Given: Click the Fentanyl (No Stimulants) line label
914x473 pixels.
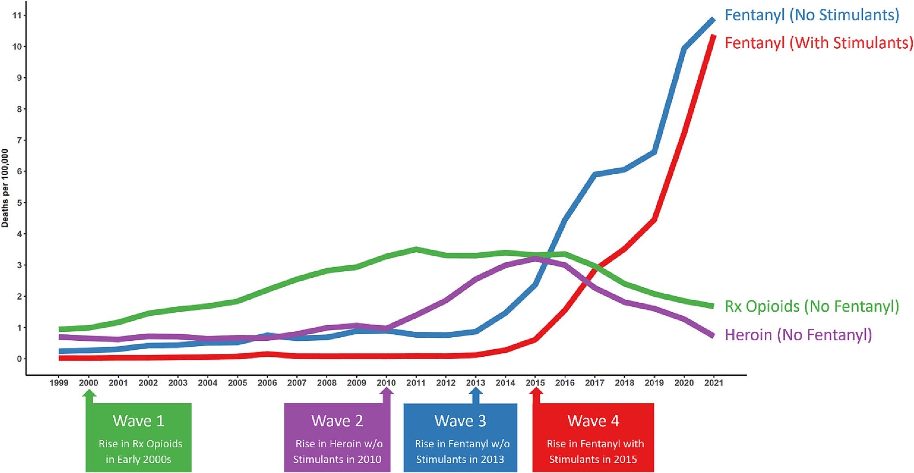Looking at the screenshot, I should (811, 15).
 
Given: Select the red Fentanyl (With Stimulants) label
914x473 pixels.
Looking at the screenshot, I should (818, 43).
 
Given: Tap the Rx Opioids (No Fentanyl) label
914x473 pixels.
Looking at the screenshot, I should (811, 306).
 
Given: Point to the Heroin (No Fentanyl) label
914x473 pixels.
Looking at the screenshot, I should (798, 335).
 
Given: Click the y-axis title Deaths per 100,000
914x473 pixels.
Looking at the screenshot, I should (5, 188).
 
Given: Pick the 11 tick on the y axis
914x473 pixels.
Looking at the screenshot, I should (17, 16).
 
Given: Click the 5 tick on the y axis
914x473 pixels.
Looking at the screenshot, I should (19, 203).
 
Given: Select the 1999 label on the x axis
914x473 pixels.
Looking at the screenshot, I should (59, 383).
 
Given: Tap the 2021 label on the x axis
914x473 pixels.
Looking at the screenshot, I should (713, 383).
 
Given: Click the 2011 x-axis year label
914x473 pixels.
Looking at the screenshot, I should (415, 383).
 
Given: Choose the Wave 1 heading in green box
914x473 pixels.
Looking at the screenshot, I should (138, 421).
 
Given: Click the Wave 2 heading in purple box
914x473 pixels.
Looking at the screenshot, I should (337, 421).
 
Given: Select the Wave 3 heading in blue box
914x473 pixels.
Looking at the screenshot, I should (460, 421).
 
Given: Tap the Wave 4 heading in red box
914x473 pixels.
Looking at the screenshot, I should (593, 421).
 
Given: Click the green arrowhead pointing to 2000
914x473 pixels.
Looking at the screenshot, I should (90, 393).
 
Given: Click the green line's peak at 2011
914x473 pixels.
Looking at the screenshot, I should (416, 249).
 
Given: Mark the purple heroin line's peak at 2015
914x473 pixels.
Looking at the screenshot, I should (536, 259).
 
